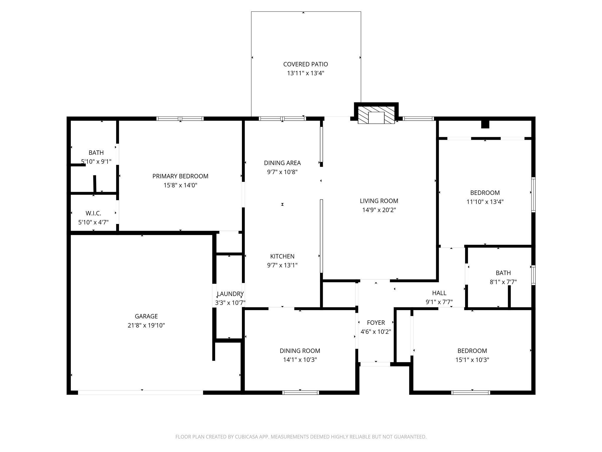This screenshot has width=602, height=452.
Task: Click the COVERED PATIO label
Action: pos(305,64)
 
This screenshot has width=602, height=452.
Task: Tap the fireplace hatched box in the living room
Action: pos(376,115)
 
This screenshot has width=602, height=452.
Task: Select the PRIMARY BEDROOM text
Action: pos(180,176)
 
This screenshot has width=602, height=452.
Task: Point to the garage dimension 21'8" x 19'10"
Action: pos(146,325)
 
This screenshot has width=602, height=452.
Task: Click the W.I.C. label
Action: pos(93,213)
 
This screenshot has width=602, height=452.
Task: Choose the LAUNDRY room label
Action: pos(230,294)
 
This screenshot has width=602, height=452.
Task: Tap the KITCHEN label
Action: pos(282,256)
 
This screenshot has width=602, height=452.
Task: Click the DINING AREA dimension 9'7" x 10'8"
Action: pos(282,172)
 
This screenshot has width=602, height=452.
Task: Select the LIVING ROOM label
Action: pos(379,201)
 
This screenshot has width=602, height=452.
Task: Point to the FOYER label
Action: pos(376,323)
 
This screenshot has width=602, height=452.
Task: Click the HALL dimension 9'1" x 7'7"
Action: pos(439,302)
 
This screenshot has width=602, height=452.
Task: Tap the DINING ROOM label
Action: pos(300,351)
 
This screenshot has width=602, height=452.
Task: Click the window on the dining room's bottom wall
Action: pos(300,393)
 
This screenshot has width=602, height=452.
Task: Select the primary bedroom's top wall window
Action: pos(180,119)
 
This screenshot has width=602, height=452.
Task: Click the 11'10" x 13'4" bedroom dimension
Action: pos(485,202)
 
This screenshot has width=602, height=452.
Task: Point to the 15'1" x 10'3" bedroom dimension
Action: pos(472,360)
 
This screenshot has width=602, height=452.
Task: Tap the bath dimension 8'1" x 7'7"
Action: pos(503,282)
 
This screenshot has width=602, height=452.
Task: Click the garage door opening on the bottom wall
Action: pos(140,393)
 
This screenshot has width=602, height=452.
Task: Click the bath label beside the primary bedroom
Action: pos(96,153)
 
